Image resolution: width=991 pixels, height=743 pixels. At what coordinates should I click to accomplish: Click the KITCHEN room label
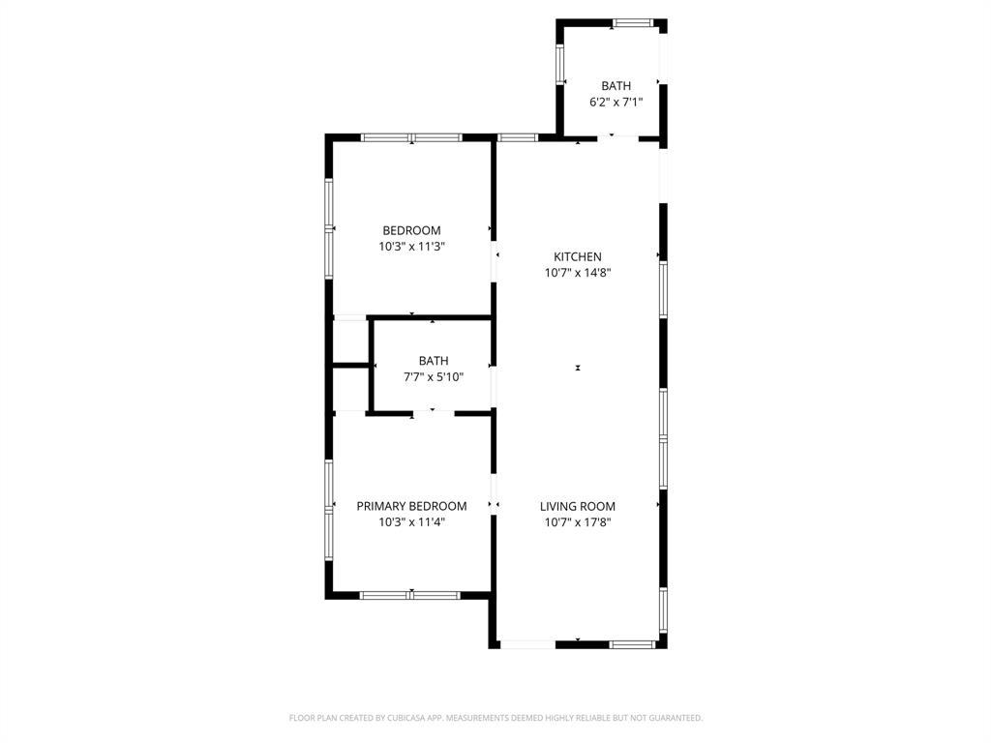click(x=577, y=256)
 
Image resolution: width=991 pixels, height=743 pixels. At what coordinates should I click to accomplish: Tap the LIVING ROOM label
click(x=577, y=506)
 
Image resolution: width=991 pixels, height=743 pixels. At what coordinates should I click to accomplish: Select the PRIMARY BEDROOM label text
click(x=411, y=506)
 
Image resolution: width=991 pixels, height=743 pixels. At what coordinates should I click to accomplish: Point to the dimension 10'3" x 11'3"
click(x=411, y=247)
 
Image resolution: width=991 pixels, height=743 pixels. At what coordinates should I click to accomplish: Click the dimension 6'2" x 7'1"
click(x=616, y=102)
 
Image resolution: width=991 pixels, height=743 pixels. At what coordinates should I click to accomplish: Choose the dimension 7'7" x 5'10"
click(x=433, y=377)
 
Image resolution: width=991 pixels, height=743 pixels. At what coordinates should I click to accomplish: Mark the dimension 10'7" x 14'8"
click(x=577, y=273)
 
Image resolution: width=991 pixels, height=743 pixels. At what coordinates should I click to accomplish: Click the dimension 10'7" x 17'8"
click(x=577, y=522)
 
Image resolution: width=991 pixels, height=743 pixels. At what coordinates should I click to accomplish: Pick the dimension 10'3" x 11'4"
click(x=411, y=522)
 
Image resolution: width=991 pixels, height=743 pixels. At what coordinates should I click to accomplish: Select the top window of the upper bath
click(x=633, y=21)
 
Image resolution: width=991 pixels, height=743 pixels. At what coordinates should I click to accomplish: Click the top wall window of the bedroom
click(x=411, y=137)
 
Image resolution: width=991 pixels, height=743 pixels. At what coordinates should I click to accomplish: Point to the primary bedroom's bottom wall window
click(x=411, y=595)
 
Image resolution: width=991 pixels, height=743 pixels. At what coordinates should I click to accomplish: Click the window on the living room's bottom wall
click(x=633, y=643)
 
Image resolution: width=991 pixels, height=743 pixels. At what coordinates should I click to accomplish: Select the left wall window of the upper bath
click(x=559, y=64)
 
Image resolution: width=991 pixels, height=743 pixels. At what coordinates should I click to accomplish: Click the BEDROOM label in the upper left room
click(x=411, y=230)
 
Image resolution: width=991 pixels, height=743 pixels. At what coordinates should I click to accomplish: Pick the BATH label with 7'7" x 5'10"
click(x=433, y=361)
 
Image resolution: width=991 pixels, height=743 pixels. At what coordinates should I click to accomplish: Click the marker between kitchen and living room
click(x=578, y=368)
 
